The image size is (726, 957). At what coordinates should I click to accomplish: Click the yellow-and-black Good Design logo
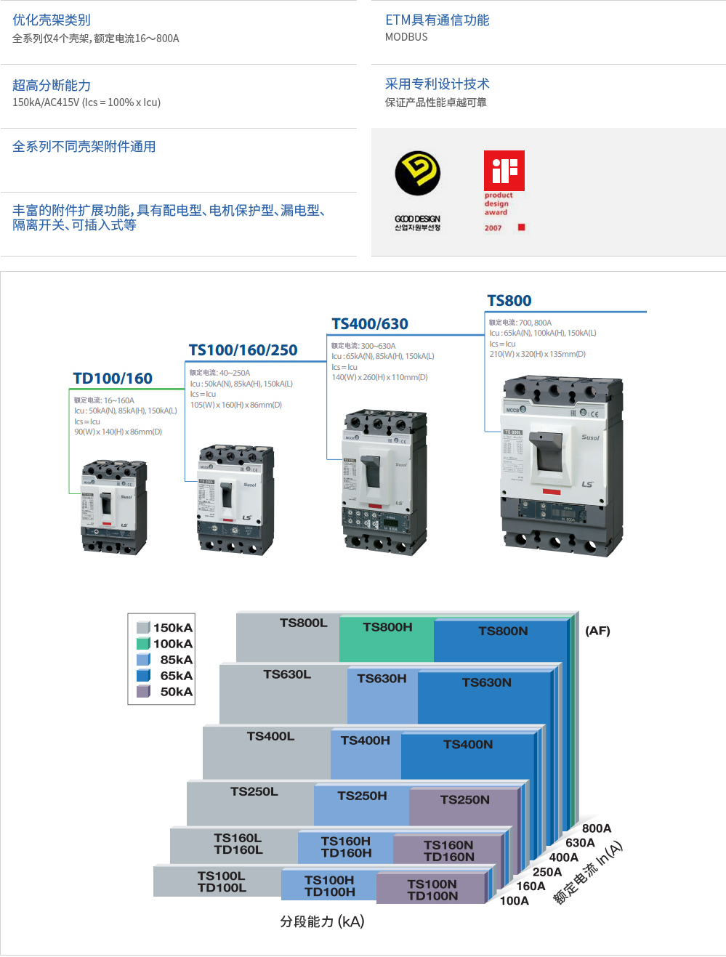pos(418,173)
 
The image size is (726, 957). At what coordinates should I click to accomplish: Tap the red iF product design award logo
pos(504,170)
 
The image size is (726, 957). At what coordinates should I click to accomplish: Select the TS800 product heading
pos(509,301)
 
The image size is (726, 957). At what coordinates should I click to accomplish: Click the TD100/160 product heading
pos(113,379)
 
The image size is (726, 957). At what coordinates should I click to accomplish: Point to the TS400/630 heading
pos(370,324)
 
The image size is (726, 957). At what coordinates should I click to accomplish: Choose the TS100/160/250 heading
pos(243,350)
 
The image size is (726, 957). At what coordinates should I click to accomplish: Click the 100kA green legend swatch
pos(143,644)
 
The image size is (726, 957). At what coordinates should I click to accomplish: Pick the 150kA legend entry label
pos(173,628)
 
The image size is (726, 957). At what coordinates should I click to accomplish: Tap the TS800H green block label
pos(387,627)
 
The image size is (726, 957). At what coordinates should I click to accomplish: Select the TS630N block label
pos(487,682)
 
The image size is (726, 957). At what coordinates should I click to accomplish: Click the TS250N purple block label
pos(465,799)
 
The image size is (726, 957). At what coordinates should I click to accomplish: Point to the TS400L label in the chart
pos(270,736)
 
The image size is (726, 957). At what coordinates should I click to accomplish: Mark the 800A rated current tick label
pos(597,828)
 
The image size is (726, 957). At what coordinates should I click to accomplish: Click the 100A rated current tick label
pos(515,901)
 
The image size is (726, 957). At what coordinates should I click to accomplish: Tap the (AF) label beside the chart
pos(597,631)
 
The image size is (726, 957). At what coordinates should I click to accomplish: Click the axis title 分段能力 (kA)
pos(322,921)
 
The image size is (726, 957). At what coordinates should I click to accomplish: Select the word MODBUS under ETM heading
pos(406,37)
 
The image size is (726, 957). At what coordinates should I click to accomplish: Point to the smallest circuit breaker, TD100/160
pos(113,506)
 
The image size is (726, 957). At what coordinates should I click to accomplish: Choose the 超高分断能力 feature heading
pos(52,85)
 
